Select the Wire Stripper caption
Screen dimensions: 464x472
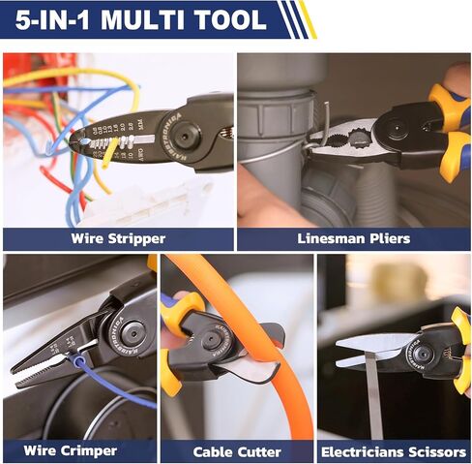point(118,238)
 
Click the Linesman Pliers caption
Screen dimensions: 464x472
point(353,238)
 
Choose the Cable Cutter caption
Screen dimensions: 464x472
point(237,451)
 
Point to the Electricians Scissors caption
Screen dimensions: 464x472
point(395,451)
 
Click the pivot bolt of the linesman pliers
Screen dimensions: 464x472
point(398,125)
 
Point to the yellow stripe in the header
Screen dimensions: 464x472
point(308,18)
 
